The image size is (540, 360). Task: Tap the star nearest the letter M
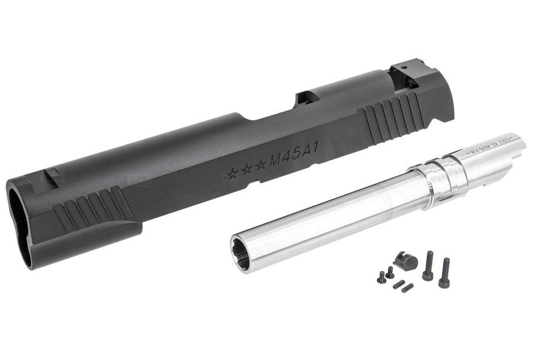tap(260, 165)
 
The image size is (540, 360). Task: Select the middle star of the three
tap(246, 169)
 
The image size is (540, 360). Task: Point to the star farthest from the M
tap(232, 174)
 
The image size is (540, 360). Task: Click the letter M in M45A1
tap(276, 161)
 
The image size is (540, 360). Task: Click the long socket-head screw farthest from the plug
tap(445, 273)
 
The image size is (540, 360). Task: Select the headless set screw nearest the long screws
tap(407, 288)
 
